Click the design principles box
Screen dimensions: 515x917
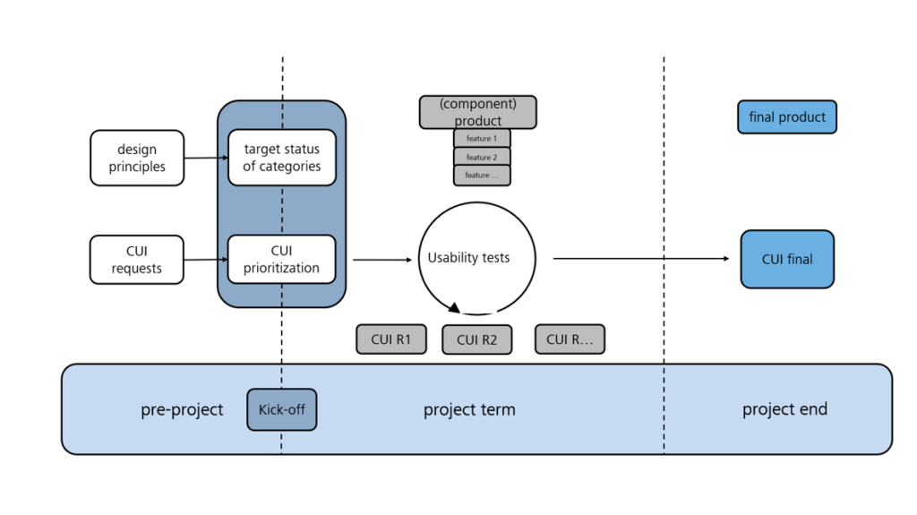click(x=137, y=158)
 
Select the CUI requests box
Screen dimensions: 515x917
click(x=137, y=260)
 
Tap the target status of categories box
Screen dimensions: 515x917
click(x=282, y=158)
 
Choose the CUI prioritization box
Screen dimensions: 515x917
click(x=282, y=259)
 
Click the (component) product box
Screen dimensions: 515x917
click(x=478, y=113)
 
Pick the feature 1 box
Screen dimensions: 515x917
click(x=482, y=139)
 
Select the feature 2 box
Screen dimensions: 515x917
click(x=482, y=158)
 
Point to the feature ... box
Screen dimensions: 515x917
click(x=482, y=176)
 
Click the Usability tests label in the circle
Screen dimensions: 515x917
click(x=468, y=258)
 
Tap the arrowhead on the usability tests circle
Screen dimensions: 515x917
click(x=454, y=308)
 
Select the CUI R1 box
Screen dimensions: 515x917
click(x=391, y=339)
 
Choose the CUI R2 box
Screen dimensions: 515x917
click(x=477, y=340)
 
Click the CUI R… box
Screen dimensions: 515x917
click(x=570, y=339)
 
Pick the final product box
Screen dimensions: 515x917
click(x=787, y=117)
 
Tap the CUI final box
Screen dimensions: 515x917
click(x=787, y=260)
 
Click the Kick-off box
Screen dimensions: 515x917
click(x=282, y=410)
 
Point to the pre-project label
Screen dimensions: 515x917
click(x=182, y=410)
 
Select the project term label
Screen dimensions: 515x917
click(x=469, y=410)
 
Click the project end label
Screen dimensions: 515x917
click(x=784, y=409)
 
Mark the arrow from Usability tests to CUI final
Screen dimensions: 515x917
click(x=640, y=259)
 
